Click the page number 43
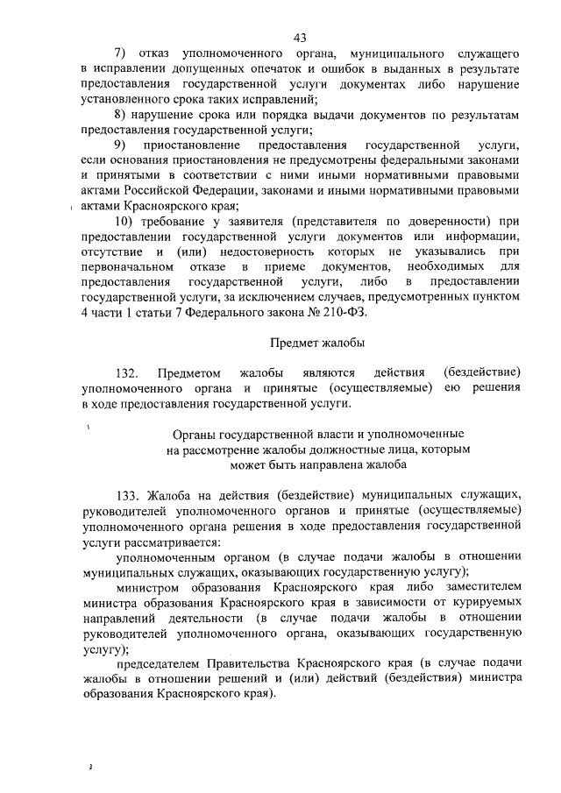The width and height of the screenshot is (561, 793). pyautogui.click(x=300, y=37)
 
